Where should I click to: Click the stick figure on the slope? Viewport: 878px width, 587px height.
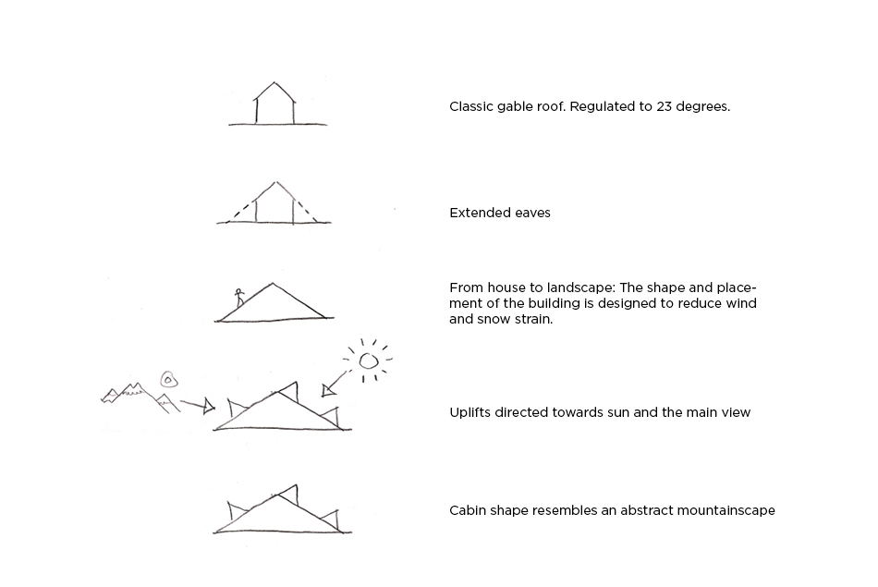pos(239,298)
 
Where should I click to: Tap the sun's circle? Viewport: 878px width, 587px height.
pos(368,361)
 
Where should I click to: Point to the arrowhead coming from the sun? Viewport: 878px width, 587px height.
pos(329,390)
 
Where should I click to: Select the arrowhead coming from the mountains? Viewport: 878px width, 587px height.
pos(209,406)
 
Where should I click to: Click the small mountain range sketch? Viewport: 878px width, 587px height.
pos(140,397)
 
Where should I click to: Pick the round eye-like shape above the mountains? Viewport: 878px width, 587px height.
pos(168,380)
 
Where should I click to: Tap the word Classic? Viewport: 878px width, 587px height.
pos(469,106)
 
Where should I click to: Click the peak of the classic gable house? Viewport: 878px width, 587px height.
pos(274,82)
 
